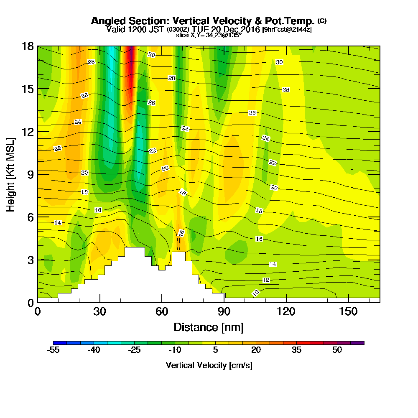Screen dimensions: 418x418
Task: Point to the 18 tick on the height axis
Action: (x=29, y=46)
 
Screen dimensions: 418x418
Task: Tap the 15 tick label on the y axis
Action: (x=29, y=89)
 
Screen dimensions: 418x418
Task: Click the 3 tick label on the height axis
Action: (x=31, y=260)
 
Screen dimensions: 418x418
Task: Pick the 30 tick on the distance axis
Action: (x=99, y=312)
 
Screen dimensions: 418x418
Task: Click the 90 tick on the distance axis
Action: (x=224, y=312)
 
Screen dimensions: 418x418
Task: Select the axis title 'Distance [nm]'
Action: (x=209, y=327)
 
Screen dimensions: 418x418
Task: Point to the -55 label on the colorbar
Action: (x=53, y=350)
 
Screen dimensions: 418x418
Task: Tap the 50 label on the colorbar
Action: (x=337, y=350)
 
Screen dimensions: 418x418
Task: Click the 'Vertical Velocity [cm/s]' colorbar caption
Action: (x=209, y=365)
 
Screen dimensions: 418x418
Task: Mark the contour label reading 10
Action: (x=256, y=293)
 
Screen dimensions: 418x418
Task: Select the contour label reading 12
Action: (x=266, y=280)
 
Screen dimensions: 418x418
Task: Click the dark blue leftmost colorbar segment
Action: (x=56, y=343)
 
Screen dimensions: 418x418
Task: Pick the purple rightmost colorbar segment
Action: (x=360, y=343)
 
